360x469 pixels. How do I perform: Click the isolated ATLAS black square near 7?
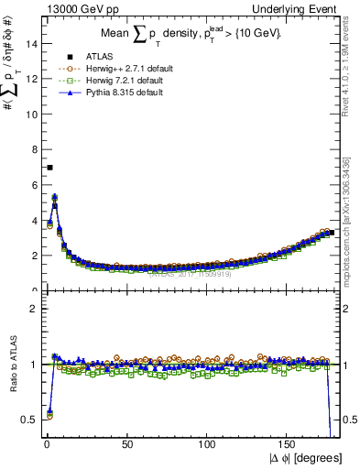(x=49, y=167)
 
